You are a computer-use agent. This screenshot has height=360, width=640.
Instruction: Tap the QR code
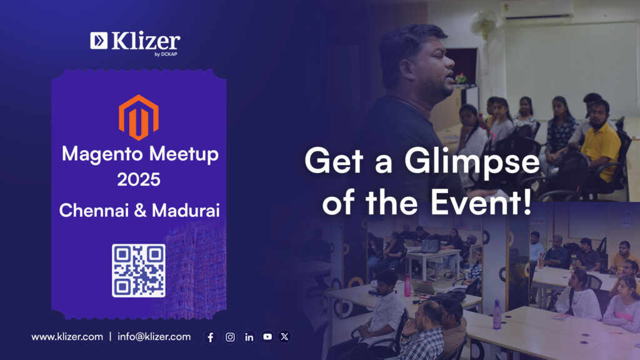coord(138,270)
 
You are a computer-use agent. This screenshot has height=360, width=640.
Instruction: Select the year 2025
coord(138,180)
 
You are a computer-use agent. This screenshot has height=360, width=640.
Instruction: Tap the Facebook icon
coord(210,337)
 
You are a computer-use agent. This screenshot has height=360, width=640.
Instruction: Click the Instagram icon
coord(230,337)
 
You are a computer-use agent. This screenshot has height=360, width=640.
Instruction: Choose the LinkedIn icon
coord(249,337)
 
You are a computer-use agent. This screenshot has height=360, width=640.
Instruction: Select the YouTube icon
coord(267,337)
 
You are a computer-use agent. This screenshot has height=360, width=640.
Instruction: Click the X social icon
coord(285,337)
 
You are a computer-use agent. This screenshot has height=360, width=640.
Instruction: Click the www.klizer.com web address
coord(67,337)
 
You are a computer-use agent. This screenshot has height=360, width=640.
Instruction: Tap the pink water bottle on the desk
coord(407,285)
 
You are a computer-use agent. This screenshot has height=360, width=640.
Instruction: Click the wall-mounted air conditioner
coord(537,10)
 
